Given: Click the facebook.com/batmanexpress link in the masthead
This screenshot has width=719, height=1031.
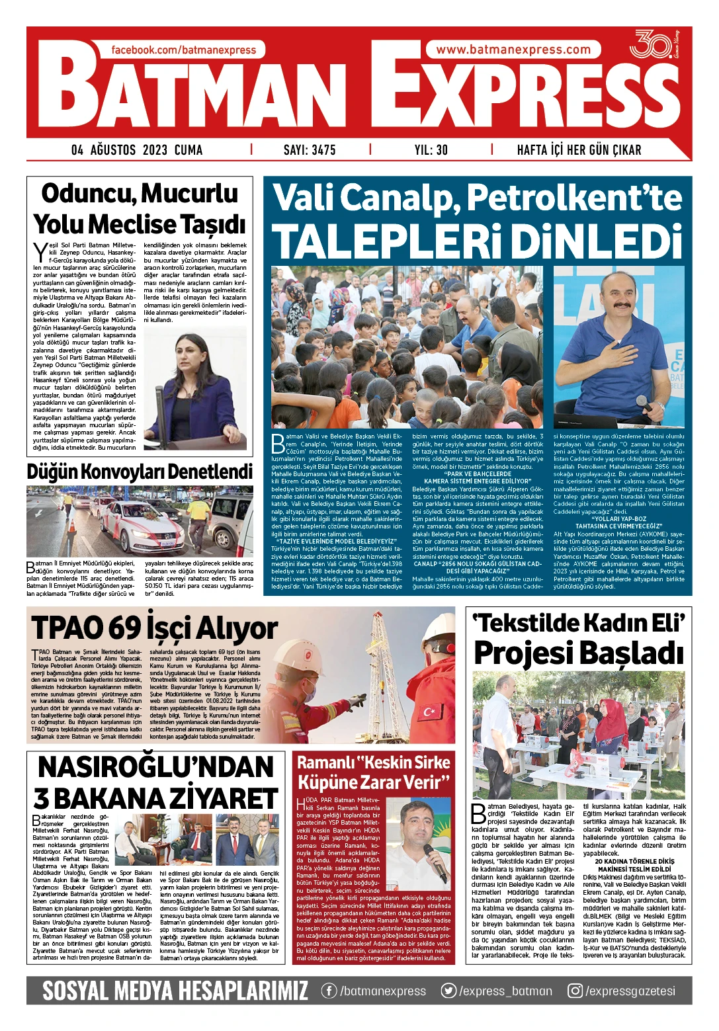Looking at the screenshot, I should tap(183, 50).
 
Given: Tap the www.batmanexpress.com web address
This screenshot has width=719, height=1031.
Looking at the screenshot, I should tap(513, 50).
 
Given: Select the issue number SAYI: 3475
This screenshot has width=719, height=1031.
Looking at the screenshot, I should tap(310, 150).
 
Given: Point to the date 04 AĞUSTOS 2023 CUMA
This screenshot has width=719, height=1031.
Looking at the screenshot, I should tap(137, 150).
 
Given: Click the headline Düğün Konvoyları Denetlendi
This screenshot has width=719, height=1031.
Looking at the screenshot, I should tap(140, 472).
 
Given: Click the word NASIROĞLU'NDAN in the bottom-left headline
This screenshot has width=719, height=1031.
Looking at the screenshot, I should tap(156, 767).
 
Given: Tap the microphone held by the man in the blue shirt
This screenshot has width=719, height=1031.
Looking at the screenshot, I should tap(640, 401).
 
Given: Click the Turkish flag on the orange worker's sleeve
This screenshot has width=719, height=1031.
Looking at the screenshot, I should tap(430, 712).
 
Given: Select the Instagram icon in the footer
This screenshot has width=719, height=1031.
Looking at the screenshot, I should tap(575, 991).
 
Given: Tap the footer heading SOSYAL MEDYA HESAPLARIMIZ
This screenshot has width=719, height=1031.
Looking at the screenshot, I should tap(175, 991).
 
